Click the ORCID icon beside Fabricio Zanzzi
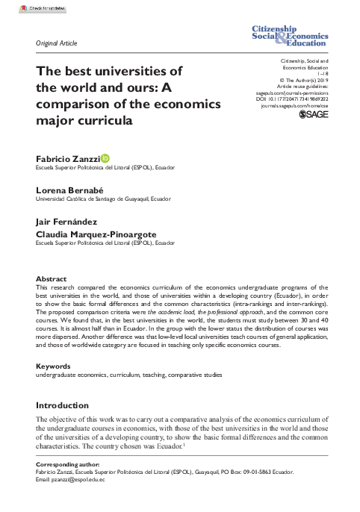(x=105, y=157)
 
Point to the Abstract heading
(x=51, y=278)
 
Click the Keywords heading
(x=53, y=366)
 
